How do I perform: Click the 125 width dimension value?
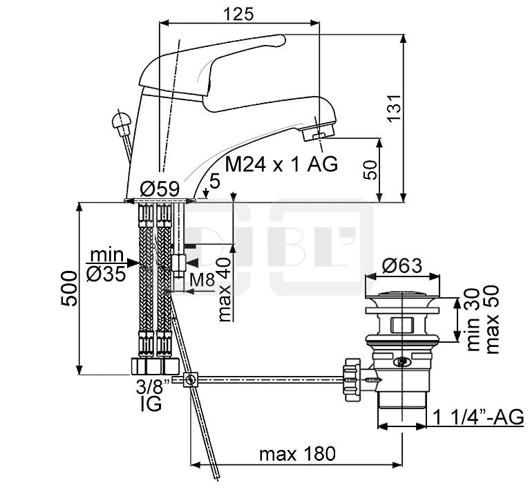coord(238,14)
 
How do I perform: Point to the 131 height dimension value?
coord(394,107)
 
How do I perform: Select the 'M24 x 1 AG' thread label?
coord(281,164)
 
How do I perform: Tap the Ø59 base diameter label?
coord(160,189)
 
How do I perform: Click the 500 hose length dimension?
coord(69,288)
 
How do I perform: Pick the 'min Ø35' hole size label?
coord(106,265)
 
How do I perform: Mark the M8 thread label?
coord(202,280)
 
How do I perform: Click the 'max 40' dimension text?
coord(225,290)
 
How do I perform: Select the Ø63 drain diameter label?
coord(402,265)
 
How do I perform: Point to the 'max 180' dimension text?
coord(297,454)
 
